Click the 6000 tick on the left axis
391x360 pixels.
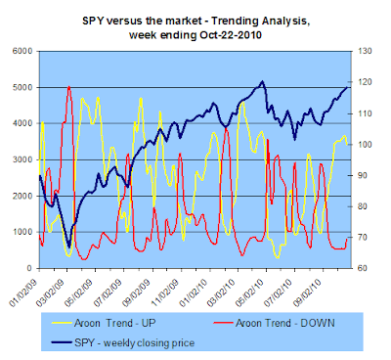22,51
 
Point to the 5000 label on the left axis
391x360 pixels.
22,87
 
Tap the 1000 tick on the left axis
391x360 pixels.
22,232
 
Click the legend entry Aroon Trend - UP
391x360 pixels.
104,323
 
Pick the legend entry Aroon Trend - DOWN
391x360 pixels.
274,323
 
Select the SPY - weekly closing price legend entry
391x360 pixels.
123,342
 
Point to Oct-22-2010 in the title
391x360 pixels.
231,34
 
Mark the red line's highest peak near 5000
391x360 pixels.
68,86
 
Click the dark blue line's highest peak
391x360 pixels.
262,81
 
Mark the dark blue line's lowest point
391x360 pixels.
68,247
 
